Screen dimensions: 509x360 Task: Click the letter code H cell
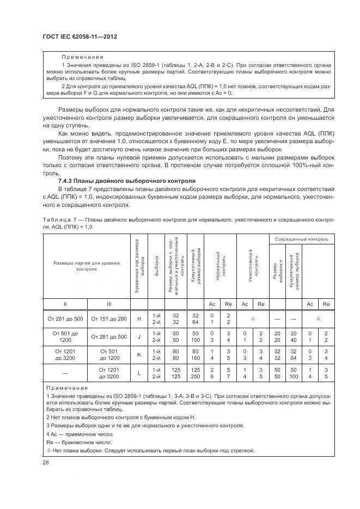[139, 320]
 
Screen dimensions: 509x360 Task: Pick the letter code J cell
[139, 336]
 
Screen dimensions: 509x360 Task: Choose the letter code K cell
[139, 354]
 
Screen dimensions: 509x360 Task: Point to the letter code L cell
[139, 373]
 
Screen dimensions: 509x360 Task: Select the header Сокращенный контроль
[301, 239]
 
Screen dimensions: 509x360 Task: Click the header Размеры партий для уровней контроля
[86, 266]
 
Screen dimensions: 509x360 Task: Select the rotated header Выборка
[157, 265]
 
